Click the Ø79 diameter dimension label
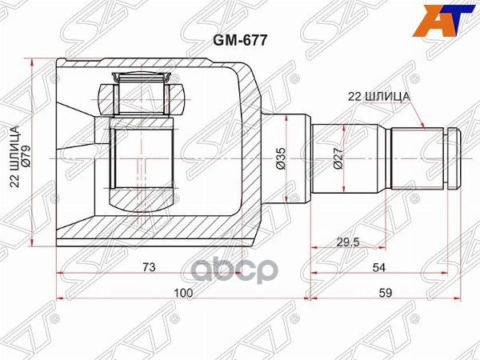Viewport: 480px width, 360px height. (26, 157)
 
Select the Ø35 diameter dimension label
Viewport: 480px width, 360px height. (281, 158)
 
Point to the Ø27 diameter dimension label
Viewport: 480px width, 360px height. (338, 158)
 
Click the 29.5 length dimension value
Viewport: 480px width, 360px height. (348, 242)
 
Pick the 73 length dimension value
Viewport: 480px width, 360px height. (149, 267)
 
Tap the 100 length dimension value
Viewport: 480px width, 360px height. (183, 293)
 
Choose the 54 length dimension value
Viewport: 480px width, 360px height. (379, 267)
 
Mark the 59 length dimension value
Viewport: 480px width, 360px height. (385, 293)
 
